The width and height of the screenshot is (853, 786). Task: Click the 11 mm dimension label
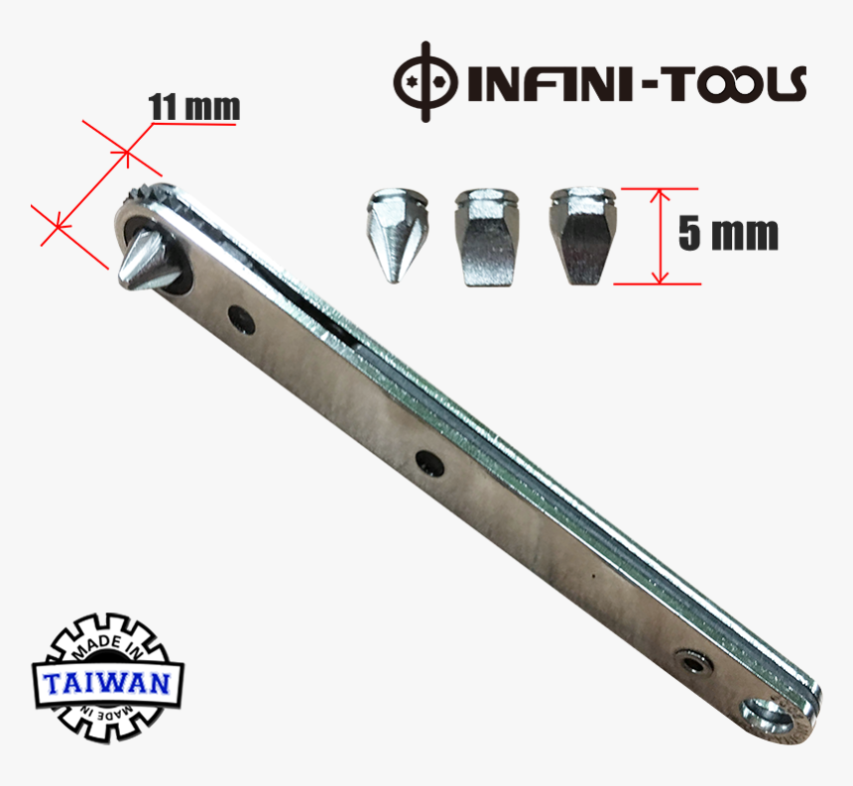tap(193, 106)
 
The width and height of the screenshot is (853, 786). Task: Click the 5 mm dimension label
tap(728, 234)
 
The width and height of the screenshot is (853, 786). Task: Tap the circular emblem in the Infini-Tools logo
tap(426, 81)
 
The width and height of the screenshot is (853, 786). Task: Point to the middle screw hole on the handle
tap(428, 461)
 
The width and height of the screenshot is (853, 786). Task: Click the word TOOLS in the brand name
tap(735, 84)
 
